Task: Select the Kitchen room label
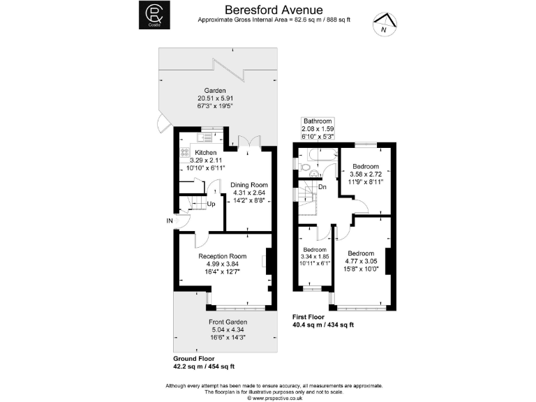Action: point(205,152)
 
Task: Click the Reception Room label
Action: point(223,256)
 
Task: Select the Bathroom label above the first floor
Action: point(318,121)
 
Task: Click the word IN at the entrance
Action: point(169,221)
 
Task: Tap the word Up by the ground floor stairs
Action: point(211,204)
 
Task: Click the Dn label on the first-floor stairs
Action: point(322,187)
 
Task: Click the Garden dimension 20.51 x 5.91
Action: point(215,99)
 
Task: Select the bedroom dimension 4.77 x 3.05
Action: point(361,261)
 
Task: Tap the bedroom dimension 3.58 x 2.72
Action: point(366,174)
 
